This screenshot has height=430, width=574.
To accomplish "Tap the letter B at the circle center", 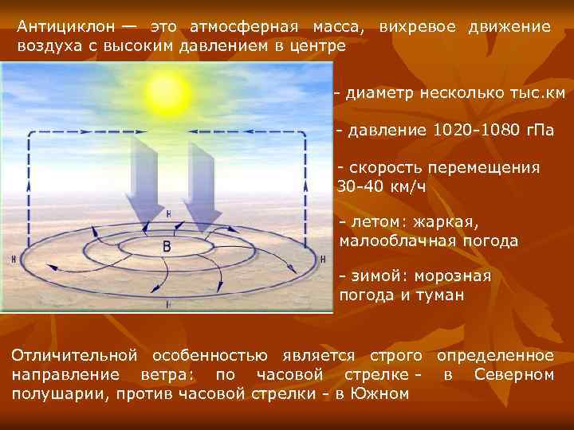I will [x=167, y=247].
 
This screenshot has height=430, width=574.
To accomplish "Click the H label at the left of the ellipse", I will [x=14, y=260].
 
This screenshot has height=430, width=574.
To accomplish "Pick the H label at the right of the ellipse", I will [x=322, y=260].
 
